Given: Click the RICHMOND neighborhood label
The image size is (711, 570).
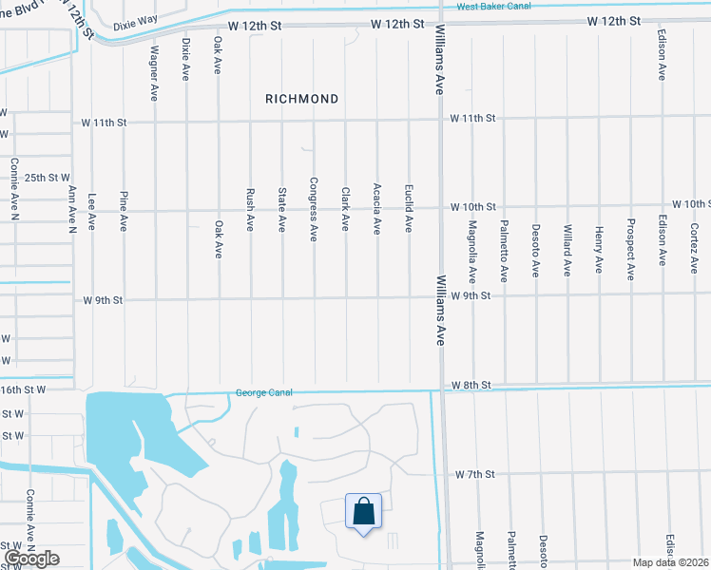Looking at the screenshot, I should [301, 99].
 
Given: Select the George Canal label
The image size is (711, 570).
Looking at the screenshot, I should [263, 392].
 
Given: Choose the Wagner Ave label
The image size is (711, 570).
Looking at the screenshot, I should [153, 74].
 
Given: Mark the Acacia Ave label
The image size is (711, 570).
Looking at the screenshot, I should [377, 209].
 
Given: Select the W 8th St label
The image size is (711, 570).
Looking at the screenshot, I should [471, 385].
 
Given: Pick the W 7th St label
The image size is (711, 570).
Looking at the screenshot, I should [473, 473].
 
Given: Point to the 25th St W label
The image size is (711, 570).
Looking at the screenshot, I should [48, 178].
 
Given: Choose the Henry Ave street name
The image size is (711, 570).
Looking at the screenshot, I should [598, 249].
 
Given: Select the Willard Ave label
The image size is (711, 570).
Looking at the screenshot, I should [567, 249].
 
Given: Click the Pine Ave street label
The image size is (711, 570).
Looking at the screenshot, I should [123, 211].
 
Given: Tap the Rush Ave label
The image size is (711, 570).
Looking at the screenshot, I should [250, 209].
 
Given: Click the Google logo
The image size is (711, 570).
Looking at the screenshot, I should [30, 558].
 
